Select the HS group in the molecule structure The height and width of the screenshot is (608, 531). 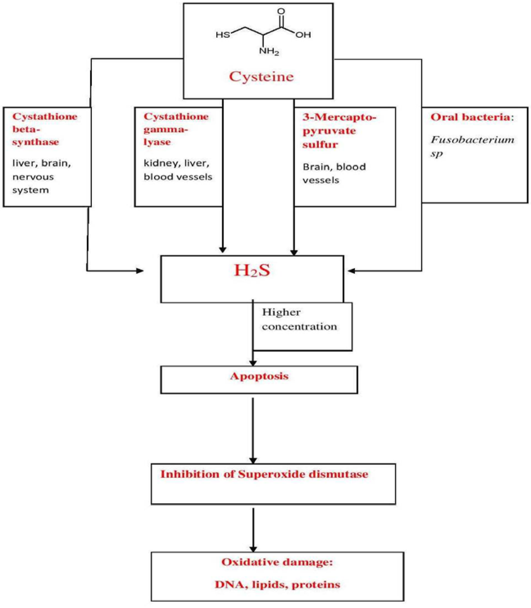pyautogui.click(x=223, y=36)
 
